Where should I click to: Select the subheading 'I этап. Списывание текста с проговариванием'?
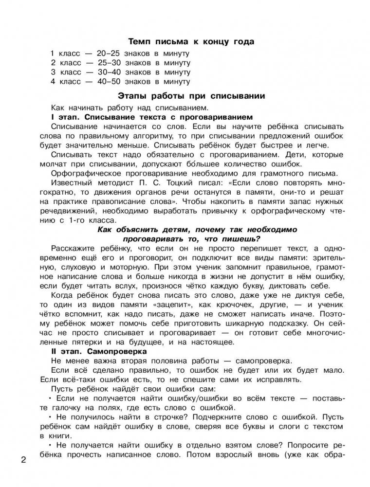pos(151,117)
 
